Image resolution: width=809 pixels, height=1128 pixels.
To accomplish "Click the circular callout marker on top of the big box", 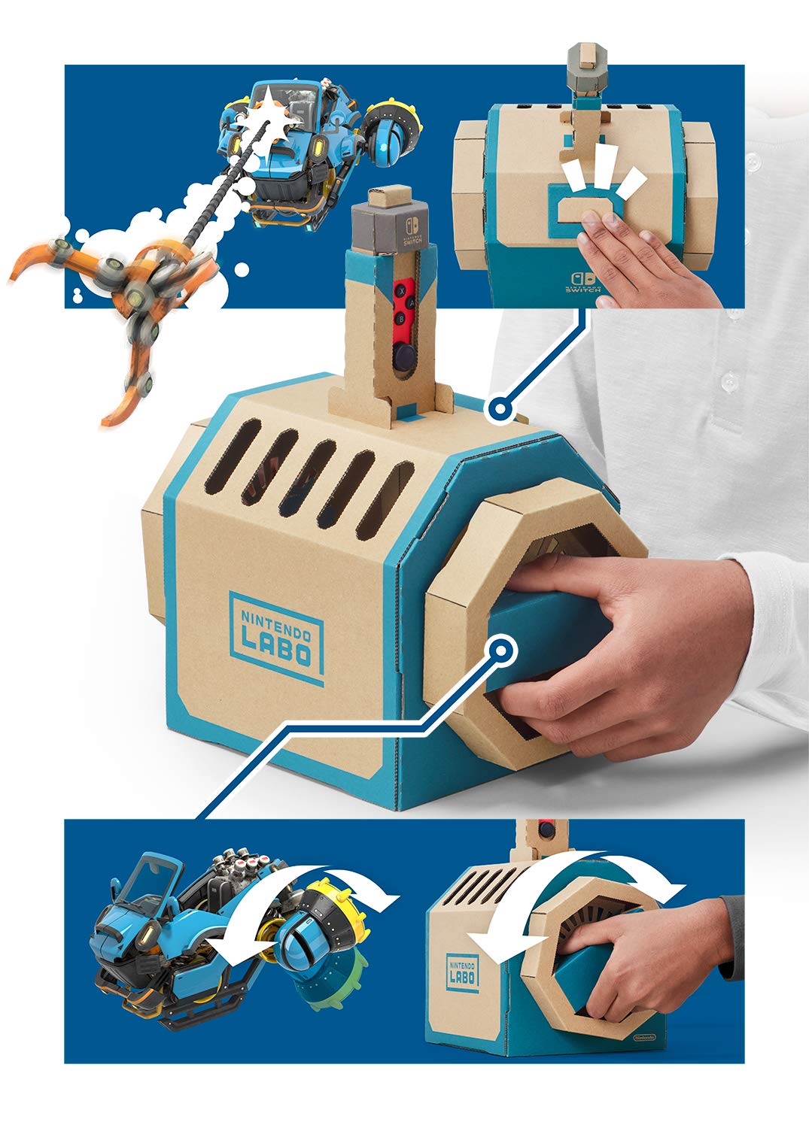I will tap(498, 411).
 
